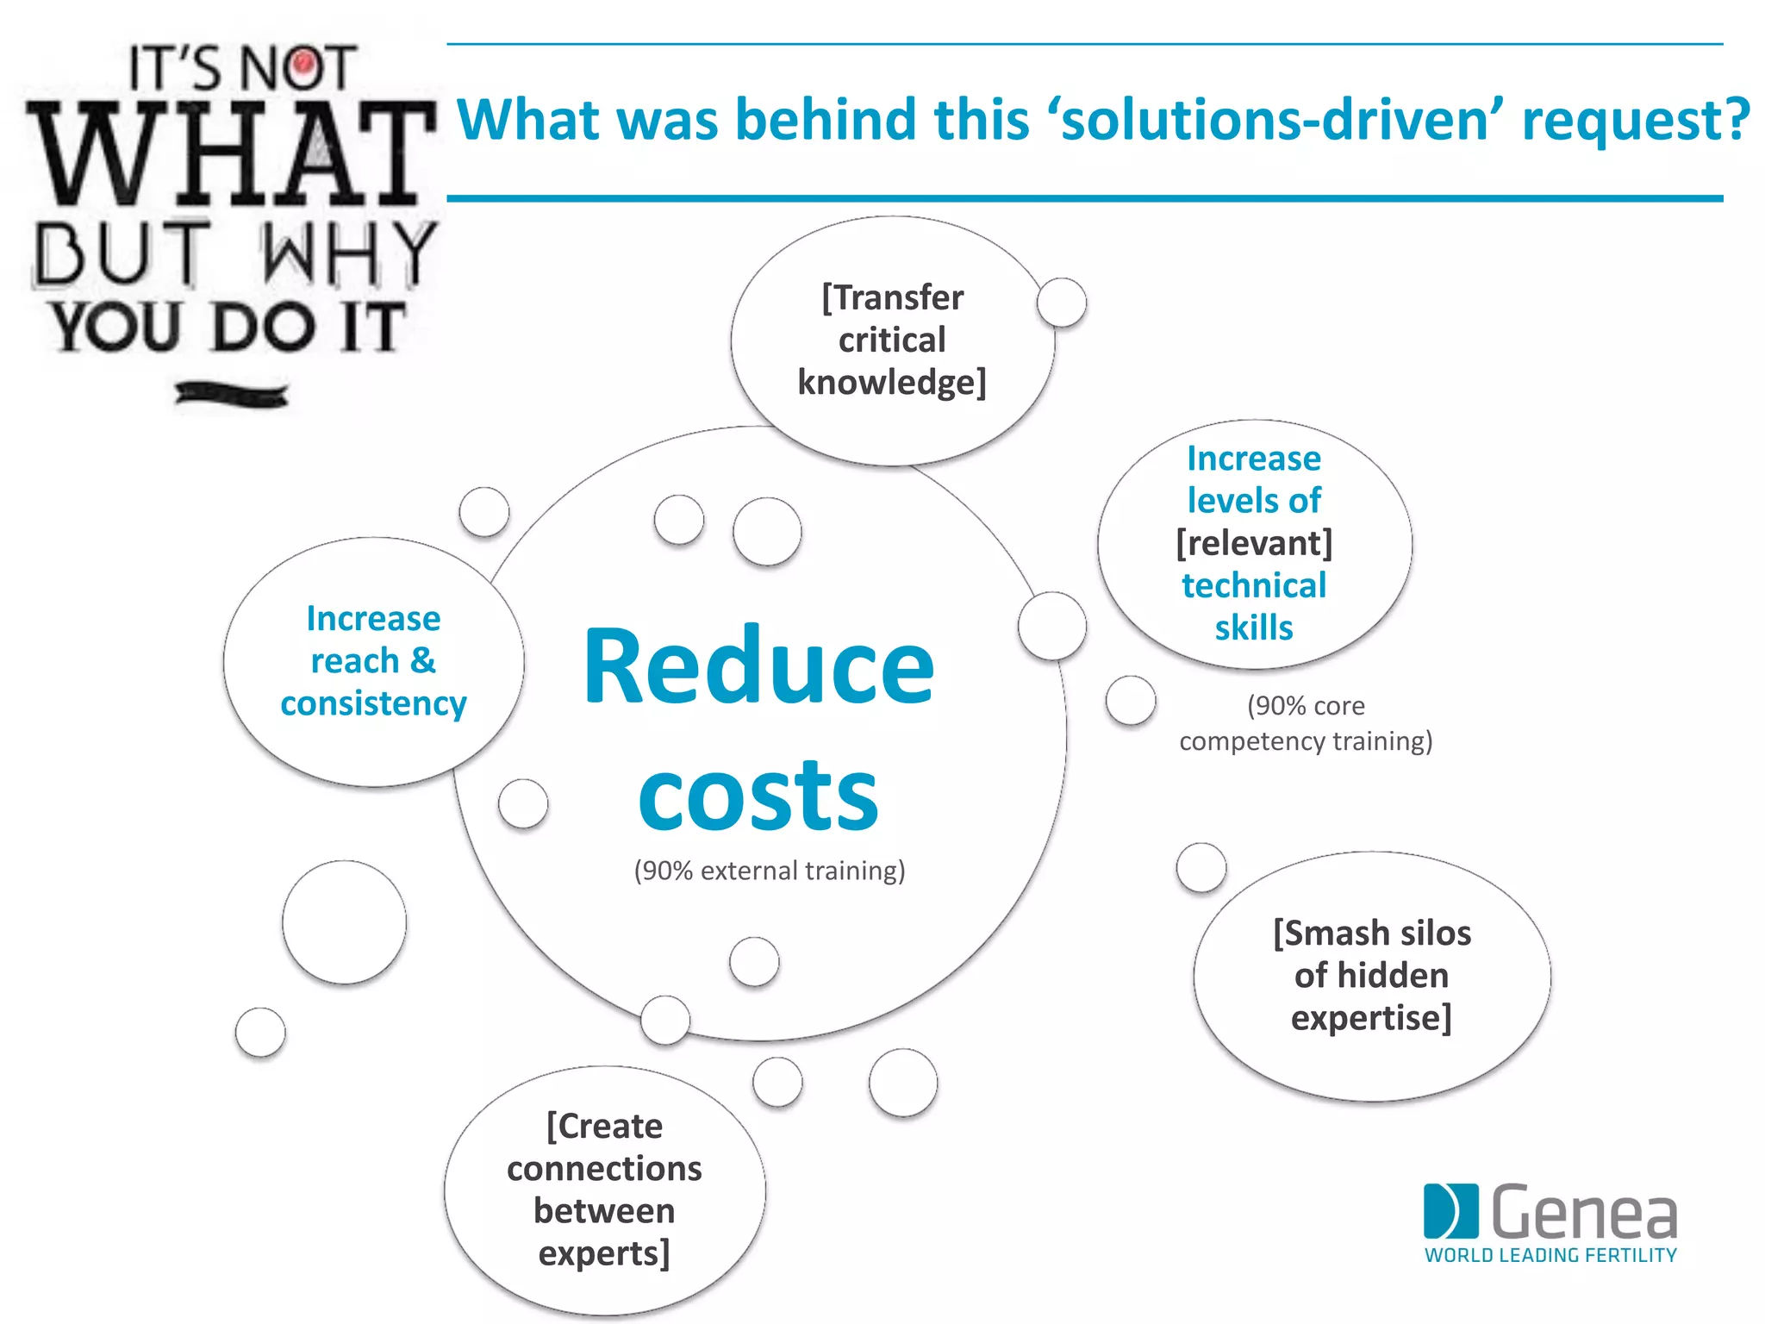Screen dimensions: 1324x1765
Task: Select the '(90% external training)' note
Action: [770, 871]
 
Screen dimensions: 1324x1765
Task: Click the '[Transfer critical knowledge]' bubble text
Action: [892, 340]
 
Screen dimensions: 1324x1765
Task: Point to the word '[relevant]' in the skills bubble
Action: [1254, 543]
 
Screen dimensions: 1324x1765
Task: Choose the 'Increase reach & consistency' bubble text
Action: [373, 661]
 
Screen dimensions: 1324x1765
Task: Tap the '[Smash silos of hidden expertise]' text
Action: [1371, 976]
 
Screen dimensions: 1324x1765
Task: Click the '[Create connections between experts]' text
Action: [604, 1190]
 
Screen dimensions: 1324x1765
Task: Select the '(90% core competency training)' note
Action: [1306, 723]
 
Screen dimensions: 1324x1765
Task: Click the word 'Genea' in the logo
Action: [1583, 1212]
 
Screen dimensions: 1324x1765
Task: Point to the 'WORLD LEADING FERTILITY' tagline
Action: [1550, 1255]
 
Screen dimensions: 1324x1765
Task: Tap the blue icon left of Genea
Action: [1450, 1210]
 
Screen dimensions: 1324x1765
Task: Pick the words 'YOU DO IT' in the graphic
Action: [228, 328]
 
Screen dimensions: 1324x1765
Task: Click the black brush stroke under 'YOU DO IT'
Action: [231, 395]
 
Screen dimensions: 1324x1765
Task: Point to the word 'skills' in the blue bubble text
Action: [1254, 628]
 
